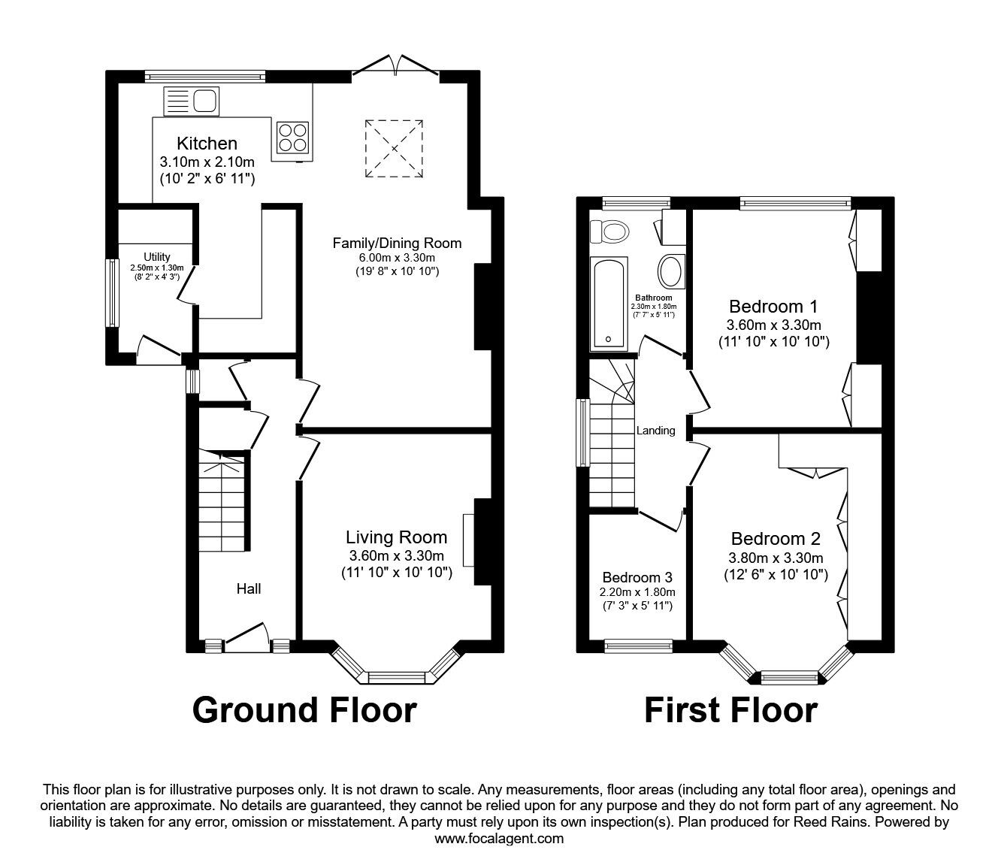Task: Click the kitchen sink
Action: pos(191,100)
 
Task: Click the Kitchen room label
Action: pos(207,144)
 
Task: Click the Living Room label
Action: pos(396,537)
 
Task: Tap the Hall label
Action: pos(249,588)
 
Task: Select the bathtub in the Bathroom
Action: pos(609,304)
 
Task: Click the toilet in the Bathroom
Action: pos(609,231)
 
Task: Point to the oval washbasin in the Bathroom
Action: pos(670,271)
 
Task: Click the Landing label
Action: pos(655,431)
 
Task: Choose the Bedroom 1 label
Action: pos(773,307)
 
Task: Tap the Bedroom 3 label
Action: pos(637,577)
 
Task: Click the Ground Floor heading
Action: pos(304,710)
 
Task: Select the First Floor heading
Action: pos(730,710)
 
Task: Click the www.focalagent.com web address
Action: pos(499,839)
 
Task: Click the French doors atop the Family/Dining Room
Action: pos(395,66)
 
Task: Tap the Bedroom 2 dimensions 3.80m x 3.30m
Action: pos(776,558)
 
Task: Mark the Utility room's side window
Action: pos(112,292)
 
